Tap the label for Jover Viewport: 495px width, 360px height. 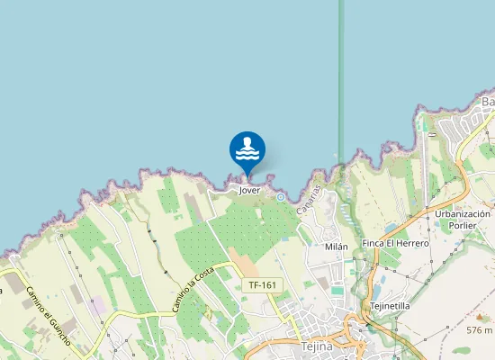[x=249, y=191]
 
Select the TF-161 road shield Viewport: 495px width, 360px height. [x=263, y=285]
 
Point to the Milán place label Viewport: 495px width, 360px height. [x=336, y=246]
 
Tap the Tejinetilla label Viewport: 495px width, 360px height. [x=390, y=306]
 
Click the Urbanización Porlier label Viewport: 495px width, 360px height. [x=462, y=220]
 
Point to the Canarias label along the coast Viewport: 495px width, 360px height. [x=311, y=193]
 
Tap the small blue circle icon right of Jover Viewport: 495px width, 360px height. [x=281, y=196]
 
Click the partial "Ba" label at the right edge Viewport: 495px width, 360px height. [x=489, y=102]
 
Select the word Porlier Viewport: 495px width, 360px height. [x=462, y=226]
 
